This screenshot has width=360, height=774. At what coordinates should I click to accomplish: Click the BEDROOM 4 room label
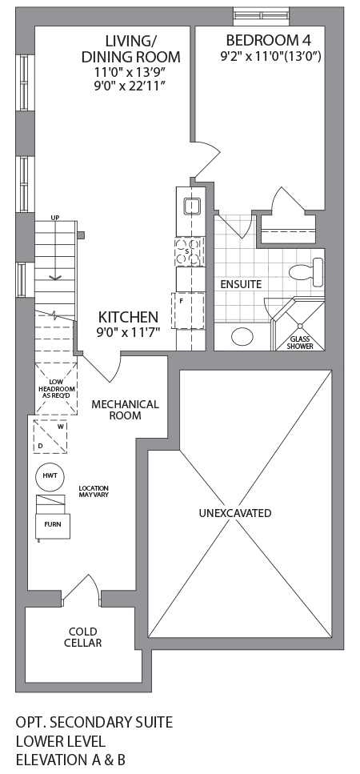[x=262, y=40]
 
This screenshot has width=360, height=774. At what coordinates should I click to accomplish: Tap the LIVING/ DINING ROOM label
[x=130, y=49]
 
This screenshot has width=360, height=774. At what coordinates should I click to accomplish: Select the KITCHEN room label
[x=128, y=317]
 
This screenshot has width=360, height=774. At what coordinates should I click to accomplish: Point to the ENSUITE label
[x=239, y=284]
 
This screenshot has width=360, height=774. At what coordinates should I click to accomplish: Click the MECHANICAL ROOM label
[x=125, y=410]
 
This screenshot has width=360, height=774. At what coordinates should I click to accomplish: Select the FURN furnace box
[x=52, y=525]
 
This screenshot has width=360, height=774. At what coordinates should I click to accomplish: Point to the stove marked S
[x=190, y=251]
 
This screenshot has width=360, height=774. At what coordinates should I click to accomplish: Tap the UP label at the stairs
[x=55, y=218]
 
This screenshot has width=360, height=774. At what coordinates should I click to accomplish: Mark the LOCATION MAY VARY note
[x=94, y=491]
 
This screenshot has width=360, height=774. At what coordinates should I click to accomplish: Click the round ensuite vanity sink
[x=242, y=336]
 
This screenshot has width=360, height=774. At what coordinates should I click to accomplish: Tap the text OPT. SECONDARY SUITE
[x=94, y=723]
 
